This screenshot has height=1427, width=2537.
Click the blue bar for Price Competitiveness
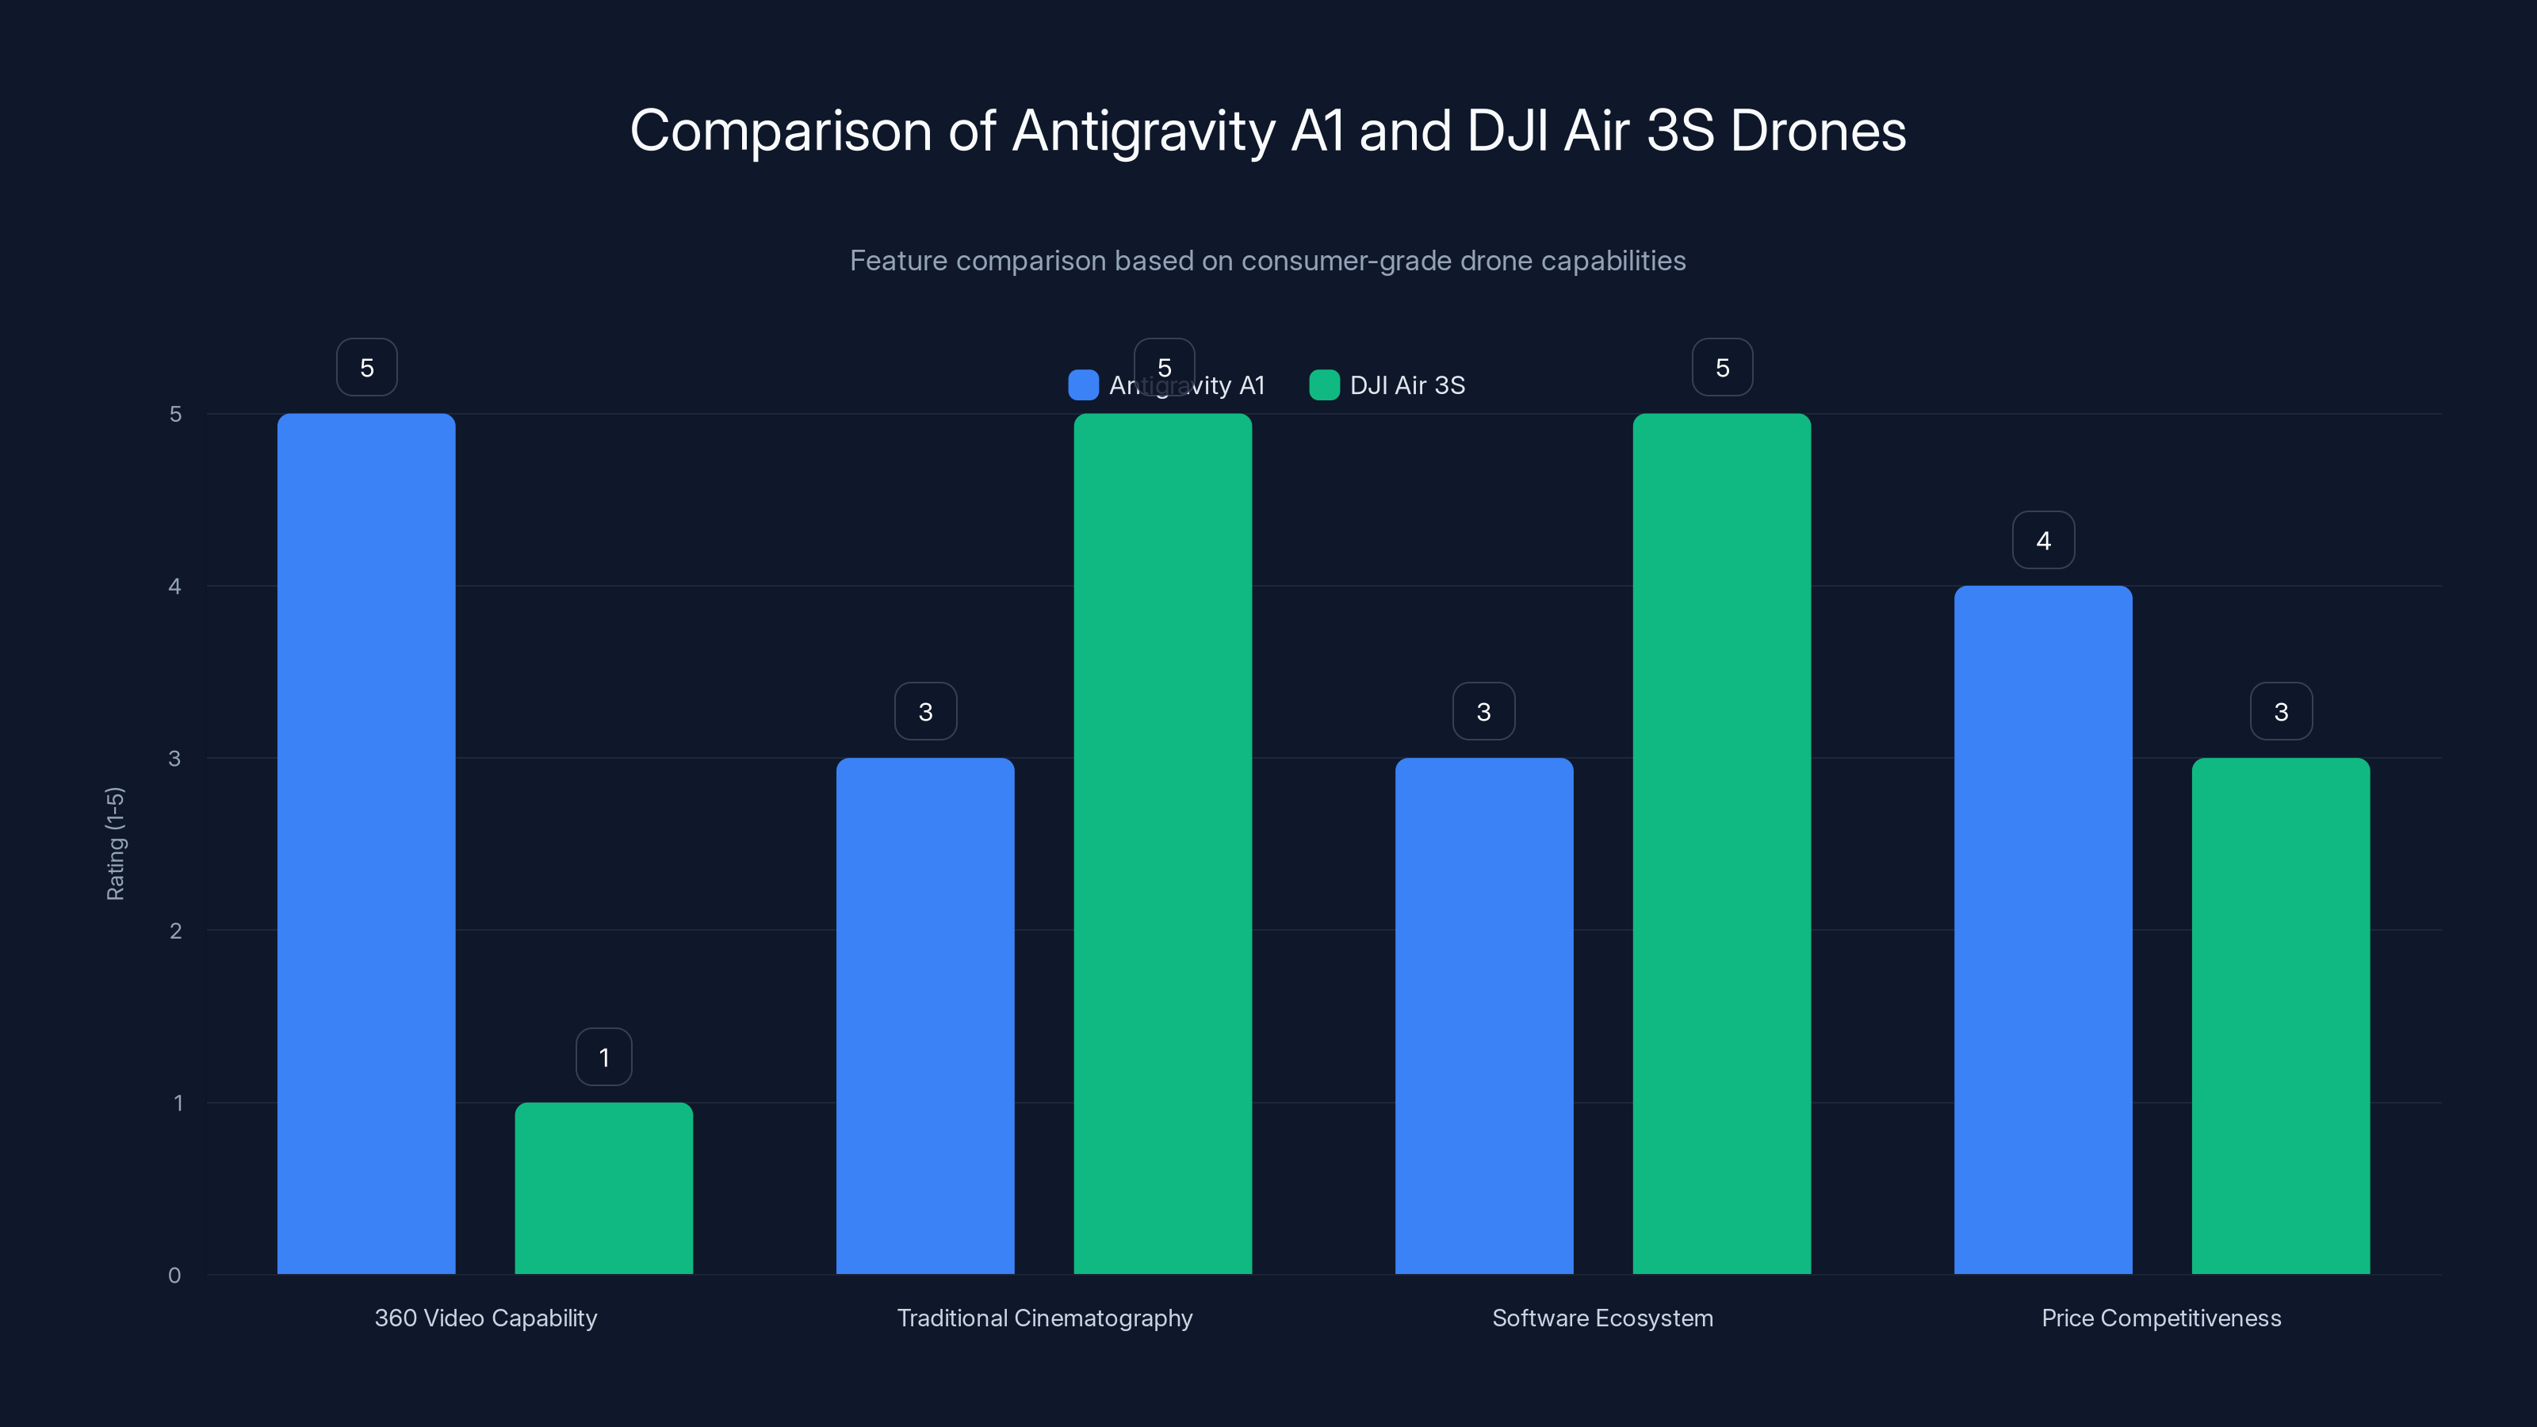point(2042,930)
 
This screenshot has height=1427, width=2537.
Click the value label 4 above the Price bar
point(2042,540)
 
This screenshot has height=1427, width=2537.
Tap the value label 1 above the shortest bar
point(603,1057)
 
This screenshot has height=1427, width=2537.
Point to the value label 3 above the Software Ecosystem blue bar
point(1483,711)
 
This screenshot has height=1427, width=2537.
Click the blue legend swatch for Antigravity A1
point(1082,385)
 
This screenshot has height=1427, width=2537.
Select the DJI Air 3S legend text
point(1406,385)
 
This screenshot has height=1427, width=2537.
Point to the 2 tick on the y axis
point(175,931)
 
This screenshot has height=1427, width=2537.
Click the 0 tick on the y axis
point(174,1276)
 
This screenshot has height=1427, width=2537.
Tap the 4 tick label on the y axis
point(174,586)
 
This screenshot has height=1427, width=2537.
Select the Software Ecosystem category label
point(1602,1318)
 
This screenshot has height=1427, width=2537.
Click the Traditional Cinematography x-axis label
point(1044,1318)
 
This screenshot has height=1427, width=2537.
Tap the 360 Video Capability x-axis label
point(485,1318)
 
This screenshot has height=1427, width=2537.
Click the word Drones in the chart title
point(1817,131)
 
